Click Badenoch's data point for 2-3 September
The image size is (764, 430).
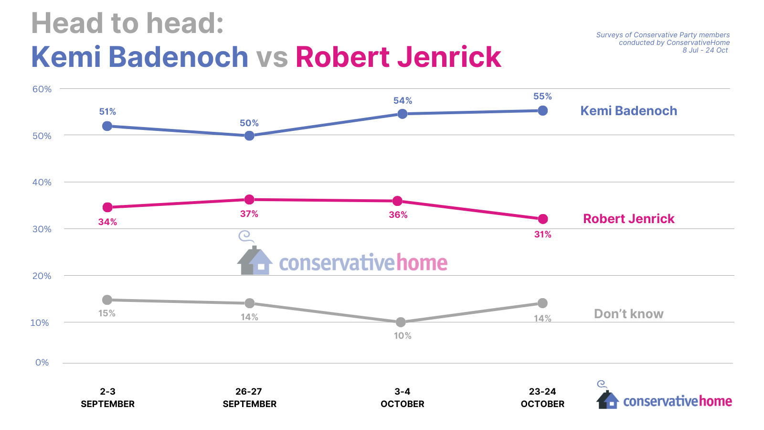[x=107, y=126]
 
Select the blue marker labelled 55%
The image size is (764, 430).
[x=542, y=111]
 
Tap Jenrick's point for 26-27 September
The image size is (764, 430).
[x=249, y=199]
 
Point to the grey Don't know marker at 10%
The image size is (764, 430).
[x=401, y=322]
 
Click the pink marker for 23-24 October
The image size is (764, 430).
[x=543, y=219]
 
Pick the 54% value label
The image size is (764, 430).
[x=403, y=101]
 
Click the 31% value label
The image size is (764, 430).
[x=543, y=235]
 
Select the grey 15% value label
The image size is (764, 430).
[x=107, y=313]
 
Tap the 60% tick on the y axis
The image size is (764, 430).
[x=42, y=89]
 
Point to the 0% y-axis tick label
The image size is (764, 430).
[x=42, y=363]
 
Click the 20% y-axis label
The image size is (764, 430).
[x=42, y=276]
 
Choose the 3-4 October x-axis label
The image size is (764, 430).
[x=402, y=398]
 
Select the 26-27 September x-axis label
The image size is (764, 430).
[x=249, y=398]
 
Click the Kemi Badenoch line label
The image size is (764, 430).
[x=628, y=111]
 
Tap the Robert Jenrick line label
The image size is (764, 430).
[x=628, y=219]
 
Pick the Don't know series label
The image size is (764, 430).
[x=628, y=314]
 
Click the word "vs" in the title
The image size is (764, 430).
[x=272, y=57]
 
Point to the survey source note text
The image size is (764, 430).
[x=663, y=43]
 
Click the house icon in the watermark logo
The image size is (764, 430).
[x=255, y=260]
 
